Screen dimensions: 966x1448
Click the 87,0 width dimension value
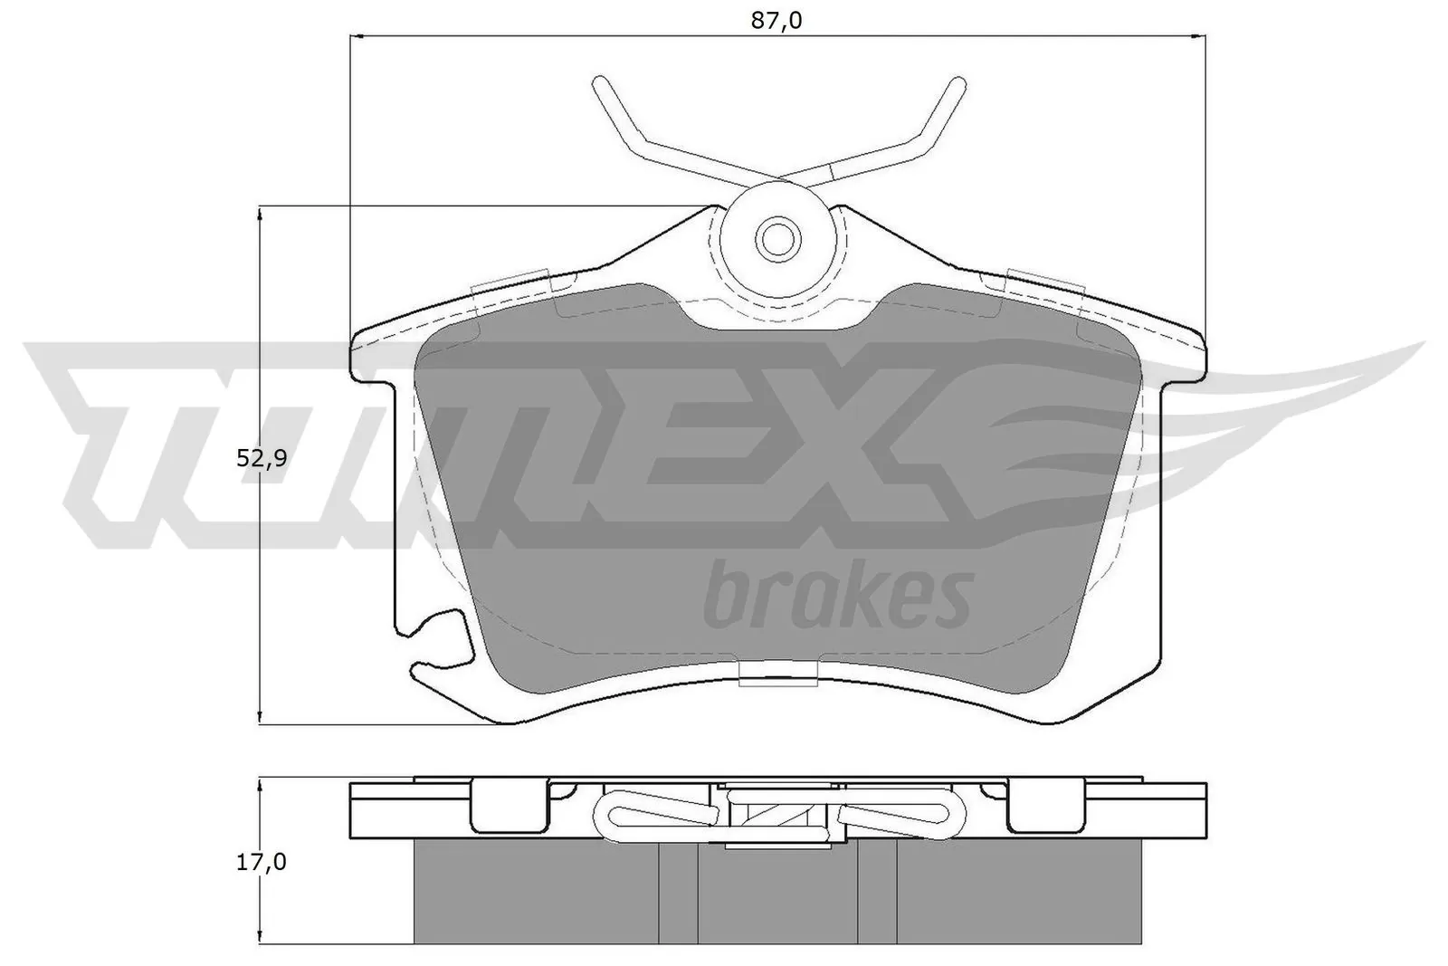click(776, 20)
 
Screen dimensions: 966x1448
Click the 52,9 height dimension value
click(262, 459)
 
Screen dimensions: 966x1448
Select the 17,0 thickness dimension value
click(262, 862)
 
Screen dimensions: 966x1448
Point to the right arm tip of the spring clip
click(956, 84)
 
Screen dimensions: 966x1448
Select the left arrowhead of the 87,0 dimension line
click(357, 37)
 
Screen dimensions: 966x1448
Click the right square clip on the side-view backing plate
click(1046, 804)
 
